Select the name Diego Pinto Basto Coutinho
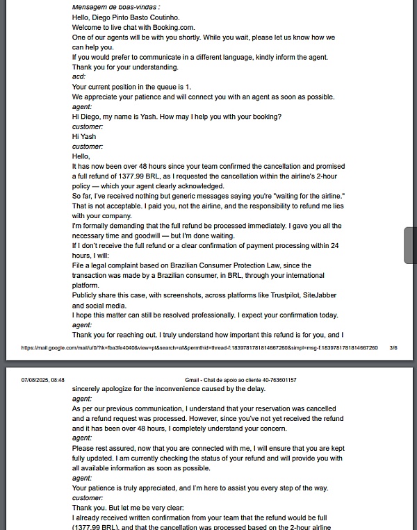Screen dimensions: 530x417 137,17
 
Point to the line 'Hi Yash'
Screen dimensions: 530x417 84,136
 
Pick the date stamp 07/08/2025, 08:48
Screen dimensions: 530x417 43,380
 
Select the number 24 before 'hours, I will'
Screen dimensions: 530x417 334,246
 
